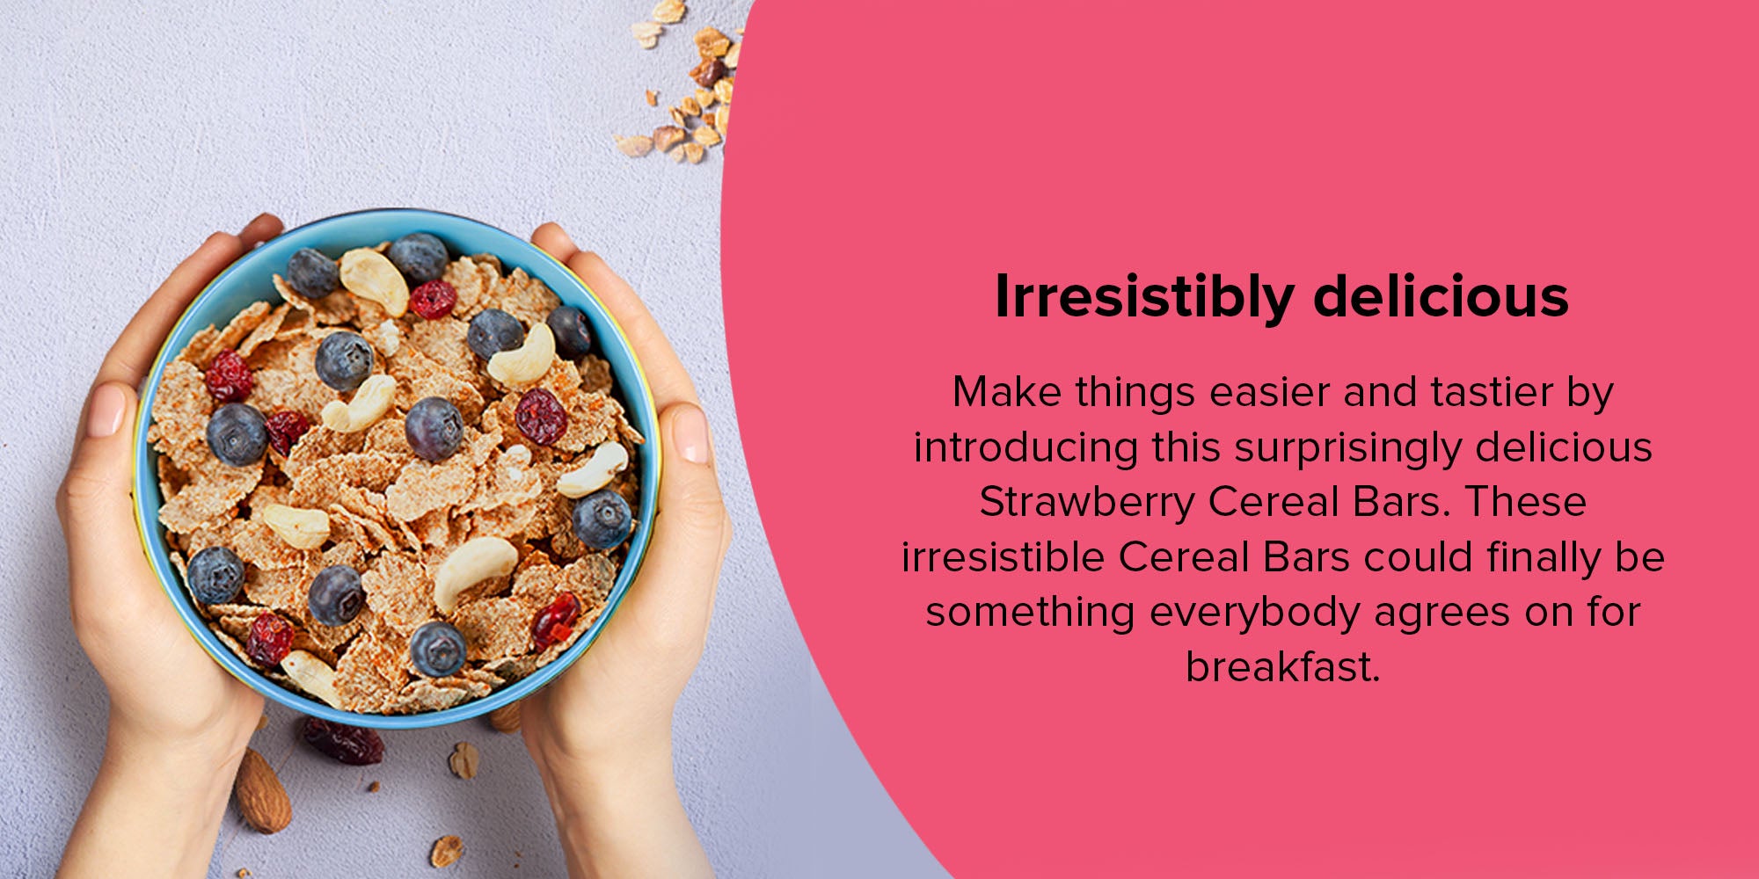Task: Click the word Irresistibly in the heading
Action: pyautogui.click(x=1143, y=297)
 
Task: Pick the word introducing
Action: pyautogui.click(x=1026, y=447)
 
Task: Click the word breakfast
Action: pyautogui.click(x=1282, y=667)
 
